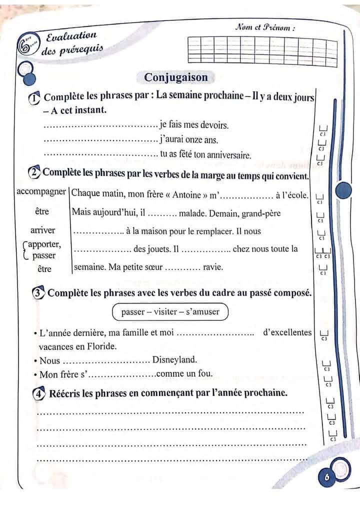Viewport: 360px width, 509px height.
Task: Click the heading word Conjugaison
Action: pos(175,77)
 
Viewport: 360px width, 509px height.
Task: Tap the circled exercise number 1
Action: pos(34,98)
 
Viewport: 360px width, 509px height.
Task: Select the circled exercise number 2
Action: pos(34,173)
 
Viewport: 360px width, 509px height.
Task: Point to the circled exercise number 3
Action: pos(38,293)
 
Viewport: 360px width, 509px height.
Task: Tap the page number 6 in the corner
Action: pos(327,477)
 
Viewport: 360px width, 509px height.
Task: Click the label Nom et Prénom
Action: pos(264,28)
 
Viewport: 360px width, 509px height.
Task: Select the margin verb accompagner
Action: pos(41,192)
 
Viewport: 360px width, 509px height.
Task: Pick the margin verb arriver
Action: pos(43,230)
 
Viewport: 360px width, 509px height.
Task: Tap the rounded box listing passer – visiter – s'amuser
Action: pos(170,312)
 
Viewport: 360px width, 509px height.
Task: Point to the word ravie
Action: pos(213,267)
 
